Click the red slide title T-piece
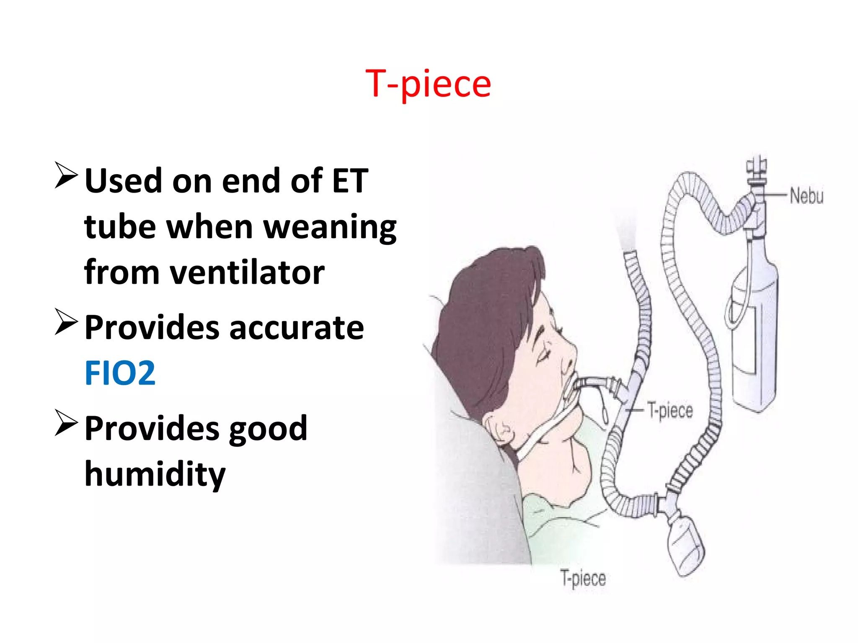(x=428, y=84)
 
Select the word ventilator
(x=247, y=273)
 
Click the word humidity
(x=155, y=474)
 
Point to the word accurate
(x=297, y=327)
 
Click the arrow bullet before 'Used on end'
(x=66, y=176)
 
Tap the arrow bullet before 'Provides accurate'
(x=66, y=322)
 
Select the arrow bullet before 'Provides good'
(x=66, y=424)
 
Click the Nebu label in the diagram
(x=806, y=196)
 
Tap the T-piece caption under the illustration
(x=583, y=579)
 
